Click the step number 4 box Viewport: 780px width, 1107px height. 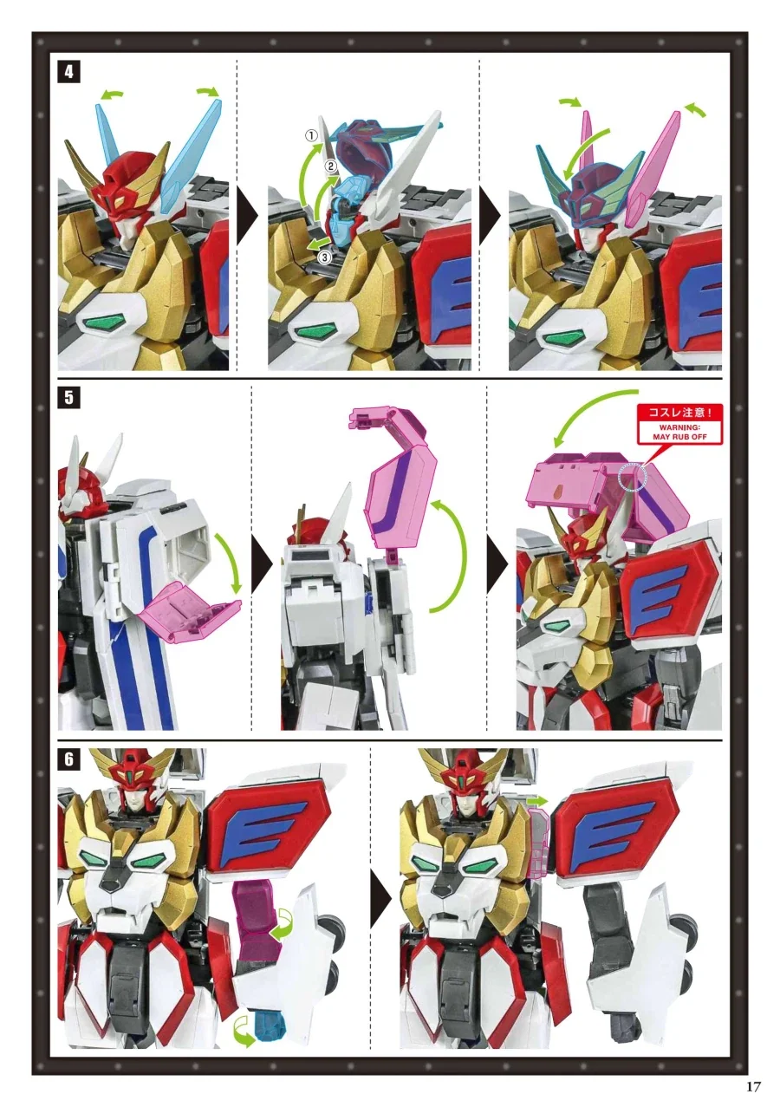click(x=69, y=72)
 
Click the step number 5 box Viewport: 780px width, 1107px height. click(x=69, y=398)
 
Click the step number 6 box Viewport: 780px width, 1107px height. click(x=69, y=759)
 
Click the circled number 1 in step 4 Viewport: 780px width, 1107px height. click(x=311, y=135)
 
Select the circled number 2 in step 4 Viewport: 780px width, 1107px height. click(x=330, y=167)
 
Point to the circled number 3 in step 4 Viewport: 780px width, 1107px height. click(x=324, y=257)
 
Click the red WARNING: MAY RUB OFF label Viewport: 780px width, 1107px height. click(x=679, y=424)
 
